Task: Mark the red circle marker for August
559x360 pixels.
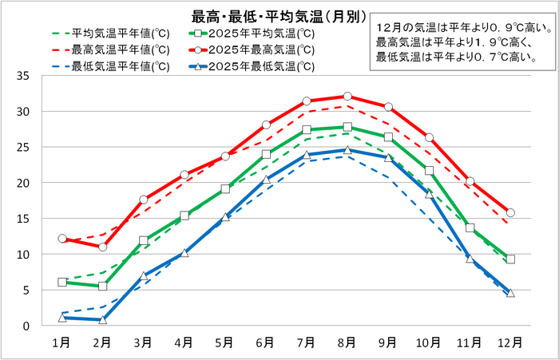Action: pos(347,97)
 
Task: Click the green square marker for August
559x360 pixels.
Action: pos(347,127)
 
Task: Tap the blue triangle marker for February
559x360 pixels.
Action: pos(102,319)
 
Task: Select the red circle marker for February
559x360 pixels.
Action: pos(102,247)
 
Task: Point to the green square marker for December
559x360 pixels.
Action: pos(510,259)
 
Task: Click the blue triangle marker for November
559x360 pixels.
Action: pos(470,259)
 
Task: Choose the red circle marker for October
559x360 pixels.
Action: pos(429,138)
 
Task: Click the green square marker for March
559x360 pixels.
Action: pos(144,240)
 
